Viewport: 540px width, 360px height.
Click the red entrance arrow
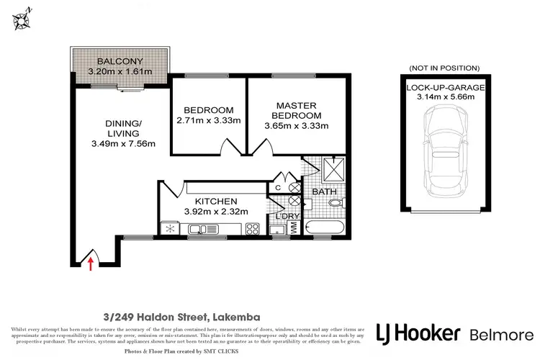tap(90, 264)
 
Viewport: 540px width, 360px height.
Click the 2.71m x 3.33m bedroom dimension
tap(207, 120)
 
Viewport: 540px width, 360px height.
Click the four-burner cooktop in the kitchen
tap(253, 229)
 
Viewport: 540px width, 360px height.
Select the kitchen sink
tap(197, 230)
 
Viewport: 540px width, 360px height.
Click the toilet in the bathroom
tap(335, 204)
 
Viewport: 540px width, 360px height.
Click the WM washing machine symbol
tap(294, 228)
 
